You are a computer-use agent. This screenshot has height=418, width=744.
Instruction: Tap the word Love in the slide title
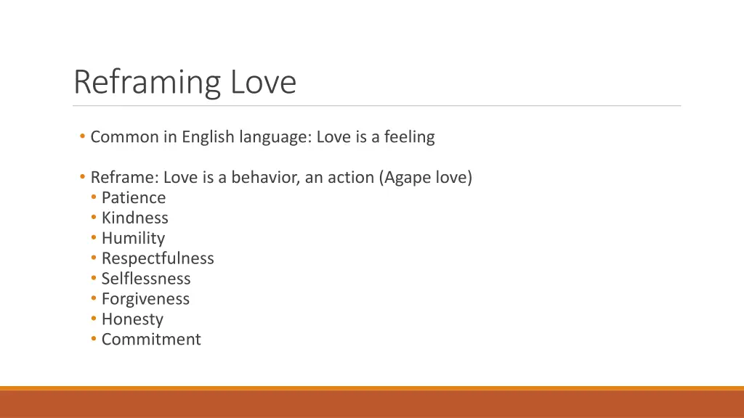pos(264,83)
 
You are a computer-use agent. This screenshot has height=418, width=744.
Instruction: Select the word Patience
pos(134,197)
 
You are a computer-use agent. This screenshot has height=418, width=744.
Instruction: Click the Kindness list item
pos(134,218)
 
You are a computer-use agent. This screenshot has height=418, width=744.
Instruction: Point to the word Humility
pos(133,238)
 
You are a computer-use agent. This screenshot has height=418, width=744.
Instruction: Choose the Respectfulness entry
pos(158,258)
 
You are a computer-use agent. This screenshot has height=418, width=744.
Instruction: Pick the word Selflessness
pos(146,279)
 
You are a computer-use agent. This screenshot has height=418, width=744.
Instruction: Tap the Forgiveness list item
pos(145,299)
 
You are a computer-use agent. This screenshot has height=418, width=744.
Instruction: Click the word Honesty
pos(132,319)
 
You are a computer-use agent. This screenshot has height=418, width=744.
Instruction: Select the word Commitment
pos(151,340)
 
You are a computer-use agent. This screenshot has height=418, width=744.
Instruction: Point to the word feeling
pos(409,136)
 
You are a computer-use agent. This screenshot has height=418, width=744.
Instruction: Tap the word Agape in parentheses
pos(407,178)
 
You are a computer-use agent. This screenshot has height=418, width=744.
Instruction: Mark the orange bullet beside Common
pos(84,136)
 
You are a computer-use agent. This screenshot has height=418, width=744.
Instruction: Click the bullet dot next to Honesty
pos(94,319)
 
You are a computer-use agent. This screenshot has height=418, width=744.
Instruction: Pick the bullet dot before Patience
pos(94,197)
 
